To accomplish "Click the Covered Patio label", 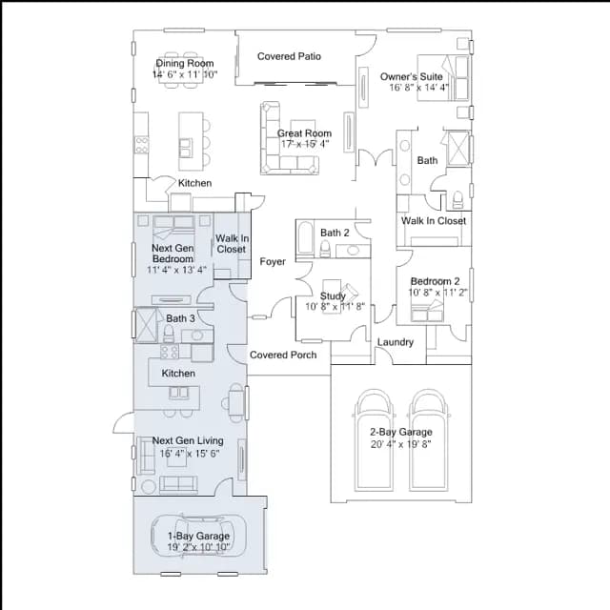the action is tap(289, 56).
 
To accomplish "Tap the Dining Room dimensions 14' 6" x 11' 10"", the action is tap(185, 74).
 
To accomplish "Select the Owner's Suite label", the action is tap(411, 76).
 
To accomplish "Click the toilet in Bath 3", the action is tap(169, 334).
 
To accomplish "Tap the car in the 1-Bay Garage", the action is tap(199, 536).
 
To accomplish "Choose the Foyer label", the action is tap(273, 261).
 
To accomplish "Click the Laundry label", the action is tap(396, 342).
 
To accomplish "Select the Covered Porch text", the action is tap(283, 355).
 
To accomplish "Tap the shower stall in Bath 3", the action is tap(146, 325).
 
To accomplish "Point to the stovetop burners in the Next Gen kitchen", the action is tap(170, 352).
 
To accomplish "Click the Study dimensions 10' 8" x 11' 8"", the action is tap(335, 307).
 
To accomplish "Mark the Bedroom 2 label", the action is tap(435, 281).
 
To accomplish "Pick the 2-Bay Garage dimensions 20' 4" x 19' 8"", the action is tap(400, 444).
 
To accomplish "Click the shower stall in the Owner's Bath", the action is tap(458, 149).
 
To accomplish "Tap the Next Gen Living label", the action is tap(188, 440).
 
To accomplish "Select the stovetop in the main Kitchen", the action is tap(142, 145).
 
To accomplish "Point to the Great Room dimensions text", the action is tap(305, 144).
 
